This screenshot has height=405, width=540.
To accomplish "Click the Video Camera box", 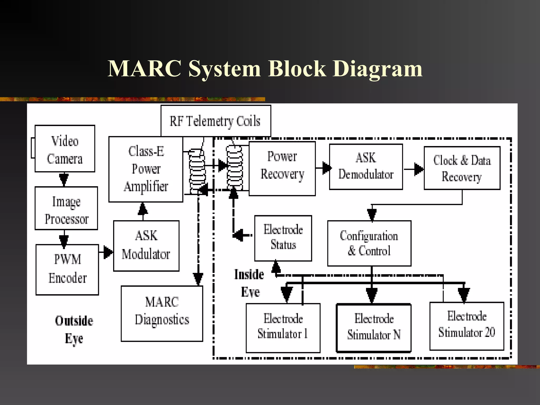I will point(65,149).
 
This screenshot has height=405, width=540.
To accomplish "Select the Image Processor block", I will point(66,208).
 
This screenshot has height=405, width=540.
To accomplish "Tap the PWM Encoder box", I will point(67,269).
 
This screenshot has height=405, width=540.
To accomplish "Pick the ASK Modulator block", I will point(146,246).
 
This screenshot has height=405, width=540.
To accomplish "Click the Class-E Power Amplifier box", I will point(146,169).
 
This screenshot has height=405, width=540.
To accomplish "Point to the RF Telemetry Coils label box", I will point(216,121).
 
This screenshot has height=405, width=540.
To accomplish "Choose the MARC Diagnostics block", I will point(162,314).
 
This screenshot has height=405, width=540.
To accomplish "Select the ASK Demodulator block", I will point(366,167).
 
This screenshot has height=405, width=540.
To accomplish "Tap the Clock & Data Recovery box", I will point(462,168).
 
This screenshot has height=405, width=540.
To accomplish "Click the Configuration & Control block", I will point(369,243).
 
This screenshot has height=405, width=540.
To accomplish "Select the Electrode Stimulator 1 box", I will point(283,328).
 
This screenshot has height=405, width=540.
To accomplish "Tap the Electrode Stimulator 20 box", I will point(467,326).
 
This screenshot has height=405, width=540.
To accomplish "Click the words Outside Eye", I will point(74,330).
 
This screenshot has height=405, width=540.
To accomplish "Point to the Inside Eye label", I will point(249,283).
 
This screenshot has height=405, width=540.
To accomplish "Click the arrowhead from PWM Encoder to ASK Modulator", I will point(108,252).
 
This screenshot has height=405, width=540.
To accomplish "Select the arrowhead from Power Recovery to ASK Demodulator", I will point(326,168).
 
